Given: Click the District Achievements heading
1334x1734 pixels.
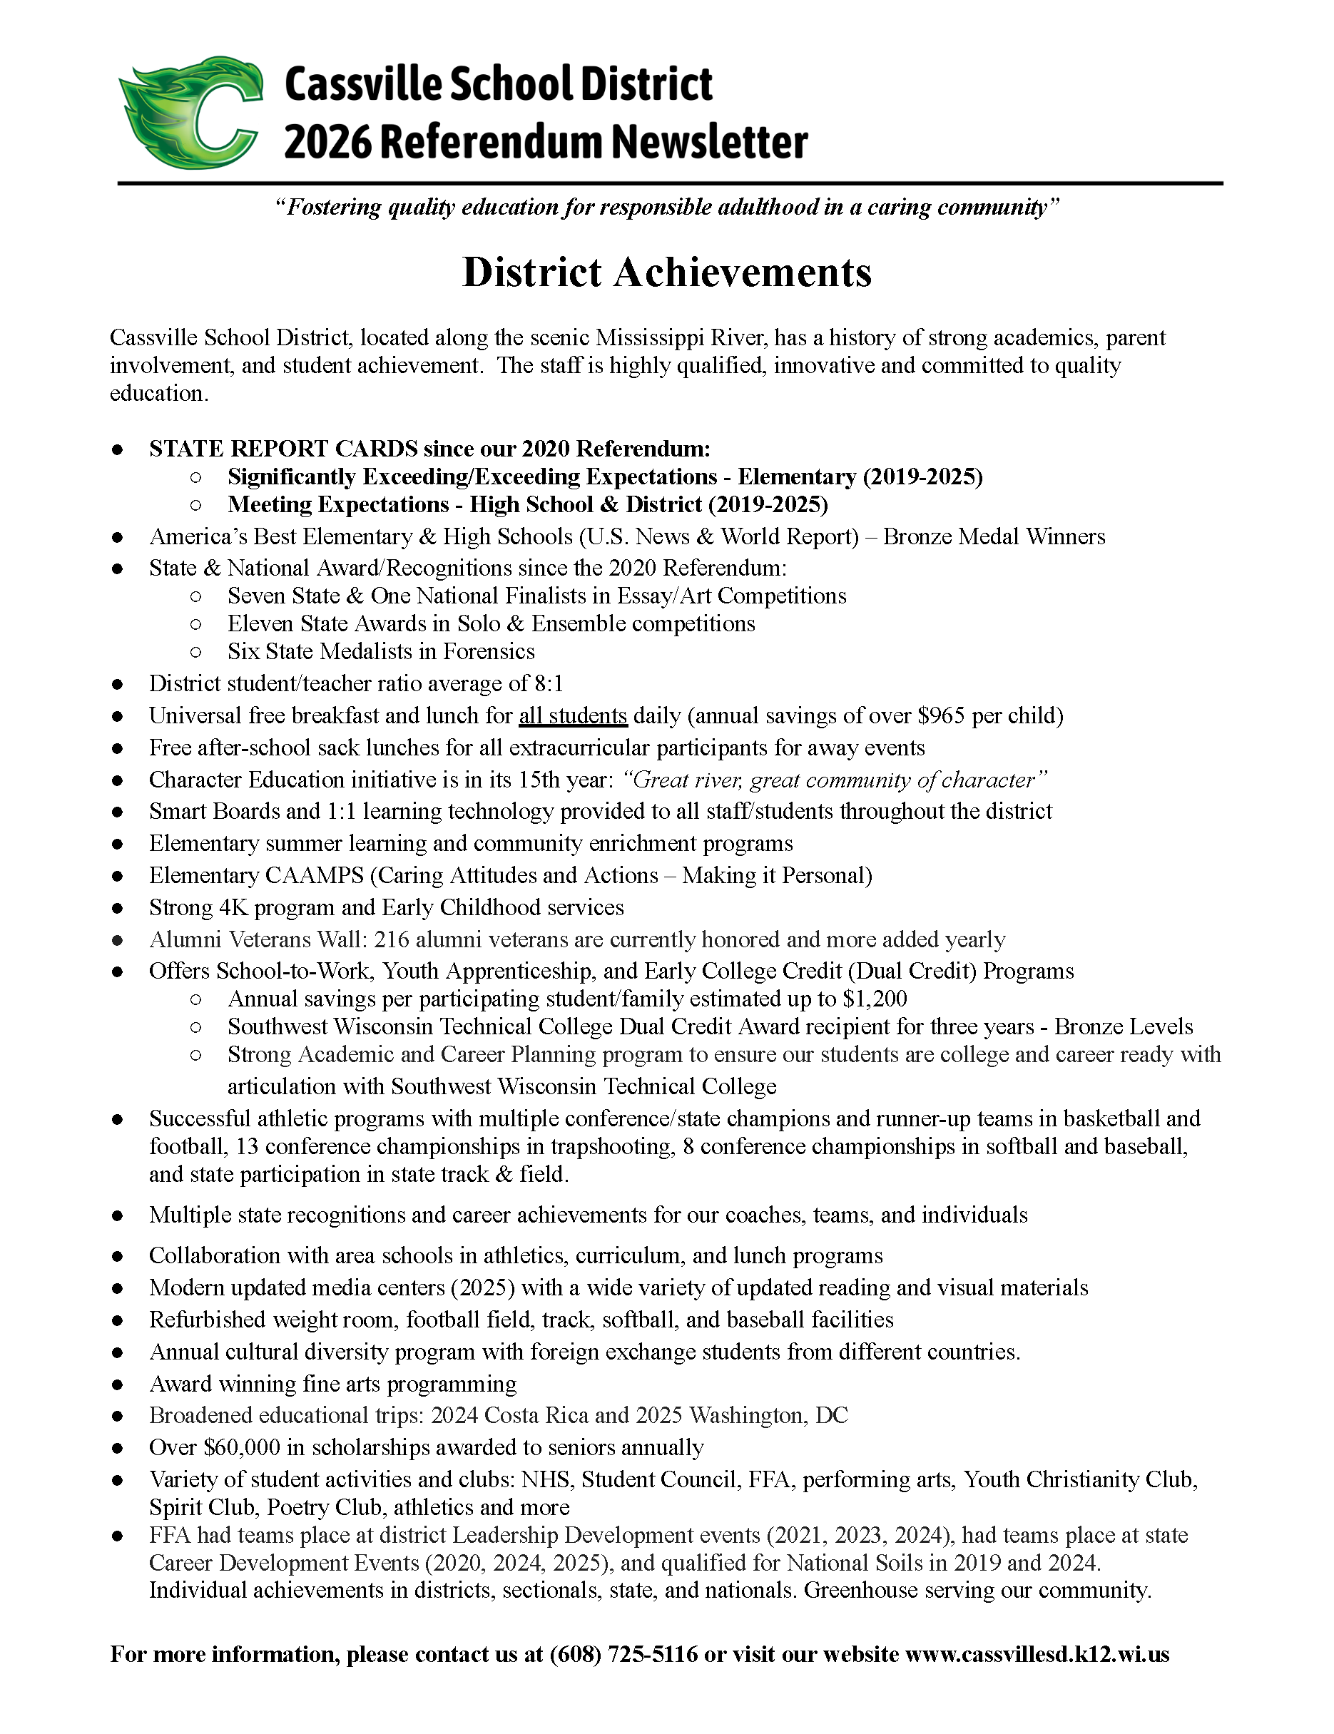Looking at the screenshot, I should pyautogui.click(x=666, y=272).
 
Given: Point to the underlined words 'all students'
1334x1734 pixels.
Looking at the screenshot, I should pyautogui.click(x=573, y=715).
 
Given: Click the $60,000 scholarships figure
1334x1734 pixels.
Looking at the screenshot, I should pyautogui.click(x=242, y=1447).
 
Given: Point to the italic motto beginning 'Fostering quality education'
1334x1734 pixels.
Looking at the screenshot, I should pyautogui.click(x=666, y=208).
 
